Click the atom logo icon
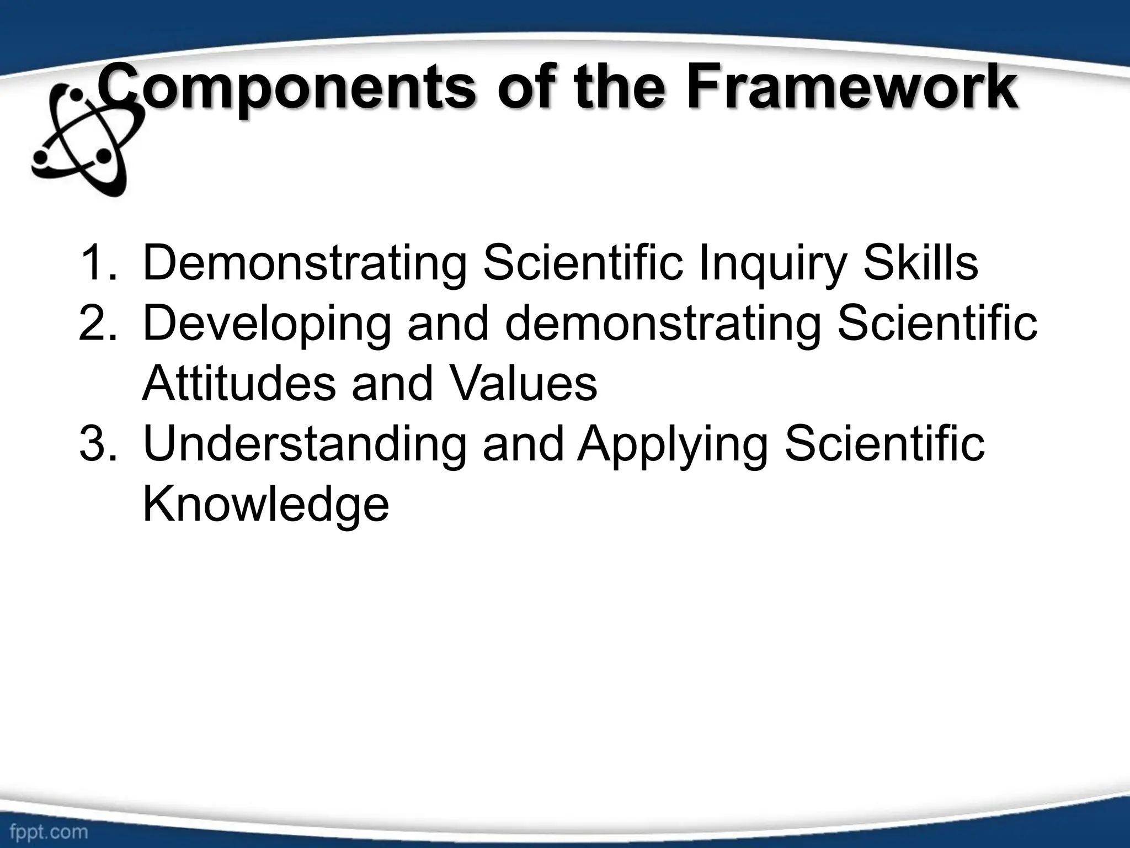click(x=83, y=138)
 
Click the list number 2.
click(x=98, y=324)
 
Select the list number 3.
click(x=98, y=444)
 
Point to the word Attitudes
click(x=239, y=384)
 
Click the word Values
click(x=523, y=384)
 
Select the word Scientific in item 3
click(x=884, y=444)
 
